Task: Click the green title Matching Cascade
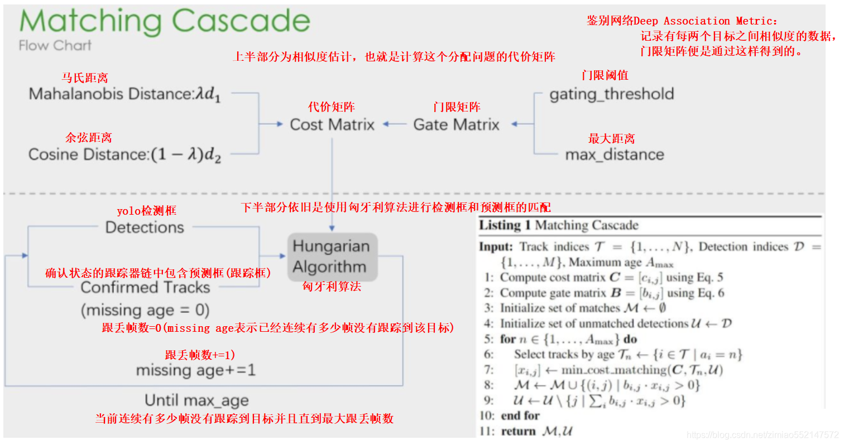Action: coord(165,22)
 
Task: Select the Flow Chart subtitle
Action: coord(55,46)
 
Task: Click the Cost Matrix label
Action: coord(332,124)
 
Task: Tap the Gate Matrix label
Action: coord(456,124)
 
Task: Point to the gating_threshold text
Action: coord(612,94)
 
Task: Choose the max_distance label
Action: coord(615,154)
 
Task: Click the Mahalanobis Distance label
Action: coord(124,94)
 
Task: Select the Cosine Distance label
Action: coord(124,154)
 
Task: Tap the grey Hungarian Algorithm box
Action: coord(333,257)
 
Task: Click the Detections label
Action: coord(145,228)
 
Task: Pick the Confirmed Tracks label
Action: coord(145,288)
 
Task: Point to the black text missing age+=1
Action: coord(195,370)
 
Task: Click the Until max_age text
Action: coord(196,400)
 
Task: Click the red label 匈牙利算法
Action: coord(332,287)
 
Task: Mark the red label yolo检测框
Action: coord(146,211)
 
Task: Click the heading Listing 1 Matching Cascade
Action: coord(558,225)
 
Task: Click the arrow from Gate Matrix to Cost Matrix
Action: coord(395,124)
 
